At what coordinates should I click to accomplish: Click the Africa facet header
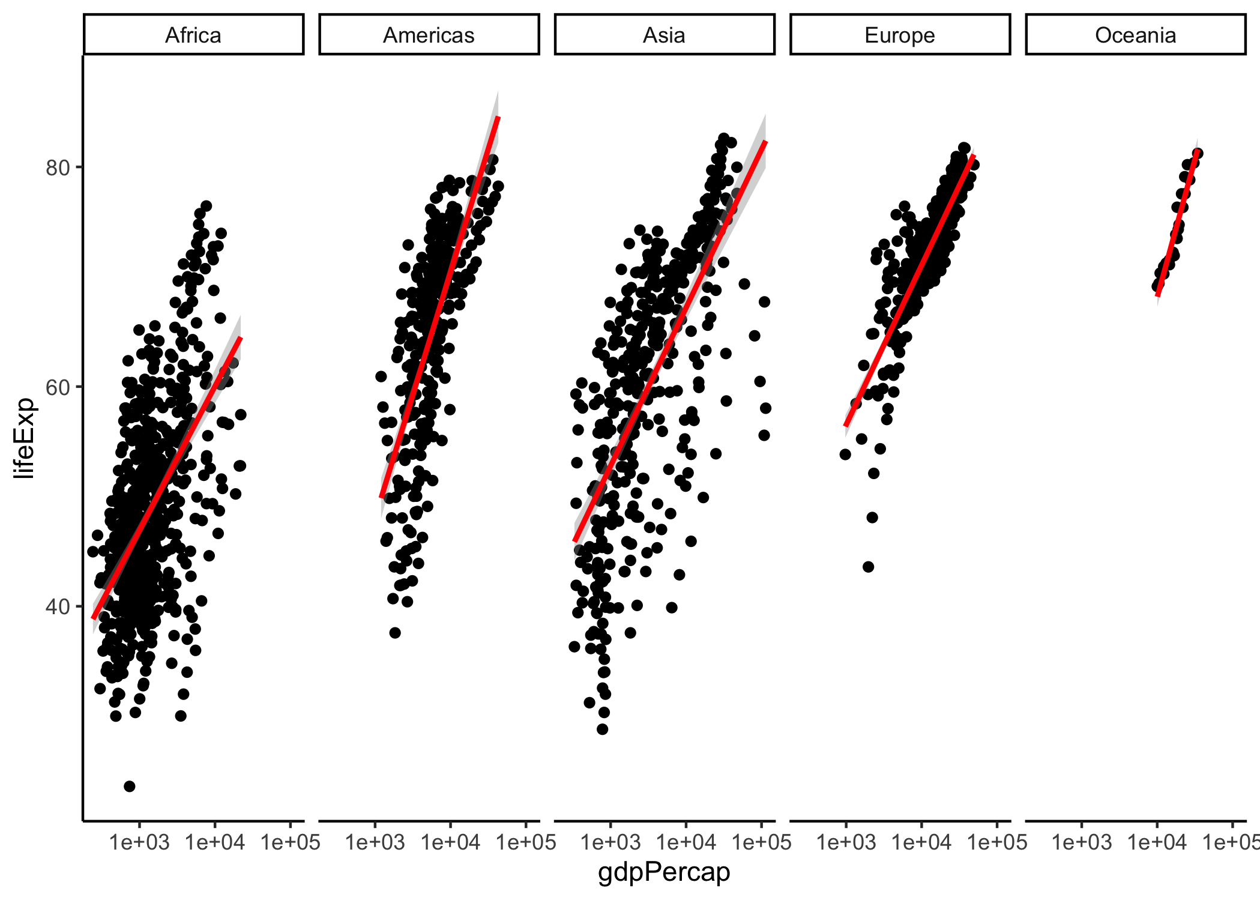[193, 35]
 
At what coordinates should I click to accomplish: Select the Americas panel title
[429, 35]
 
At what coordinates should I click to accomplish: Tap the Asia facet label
[664, 35]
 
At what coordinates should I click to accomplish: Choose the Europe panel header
[899, 35]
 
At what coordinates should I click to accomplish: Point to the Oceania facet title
[1135, 35]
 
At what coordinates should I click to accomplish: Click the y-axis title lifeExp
[25, 438]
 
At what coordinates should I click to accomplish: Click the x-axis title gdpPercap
[664, 872]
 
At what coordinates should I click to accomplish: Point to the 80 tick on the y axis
[58, 168]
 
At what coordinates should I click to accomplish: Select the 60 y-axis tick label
[58, 387]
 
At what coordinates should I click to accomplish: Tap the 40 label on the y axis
[58, 607]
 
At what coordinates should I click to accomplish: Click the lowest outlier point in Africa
[130, 786]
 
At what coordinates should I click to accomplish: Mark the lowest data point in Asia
[602, 729]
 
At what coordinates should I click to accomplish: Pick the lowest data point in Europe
[868, 566]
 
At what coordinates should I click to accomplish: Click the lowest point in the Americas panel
[394, 632]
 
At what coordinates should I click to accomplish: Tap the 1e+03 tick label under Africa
[139, 842]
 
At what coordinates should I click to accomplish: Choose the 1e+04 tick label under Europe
[921, 842]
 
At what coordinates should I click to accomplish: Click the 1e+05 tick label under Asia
[761, 842]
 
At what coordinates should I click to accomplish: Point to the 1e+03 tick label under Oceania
[1081, 842]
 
